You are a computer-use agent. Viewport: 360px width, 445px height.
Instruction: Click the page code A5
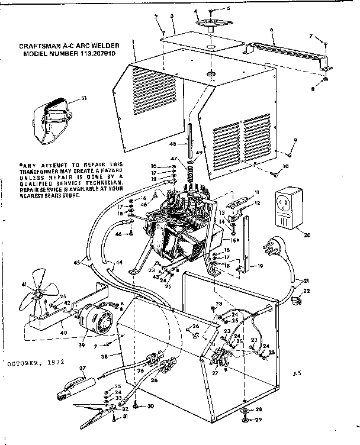(x=297, y=373)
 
